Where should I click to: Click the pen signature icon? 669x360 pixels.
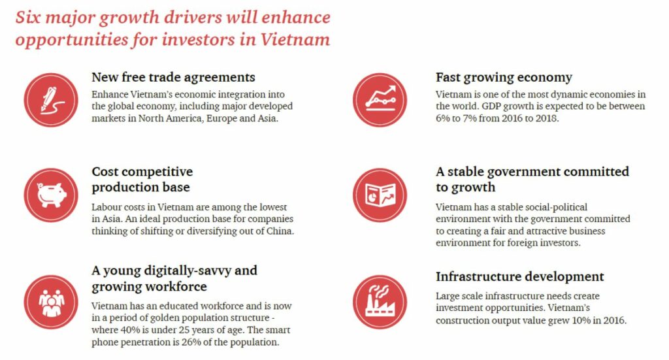(x=51, y=100)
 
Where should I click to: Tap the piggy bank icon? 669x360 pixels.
(x=51, y=195)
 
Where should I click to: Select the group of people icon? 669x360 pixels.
(x=51, y=302)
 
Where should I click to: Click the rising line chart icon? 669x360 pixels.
(x=380, y=100)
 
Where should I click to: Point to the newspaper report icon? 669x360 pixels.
(x=380, y=195)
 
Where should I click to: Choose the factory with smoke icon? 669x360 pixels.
(x=380, y=302)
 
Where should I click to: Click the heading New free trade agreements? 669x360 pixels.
(x=173, y=77)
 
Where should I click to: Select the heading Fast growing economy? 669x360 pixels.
(x=504, y=78)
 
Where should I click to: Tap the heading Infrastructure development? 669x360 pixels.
(x=519, y=276)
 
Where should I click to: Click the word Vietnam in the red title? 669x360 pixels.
(x=295, y=40)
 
